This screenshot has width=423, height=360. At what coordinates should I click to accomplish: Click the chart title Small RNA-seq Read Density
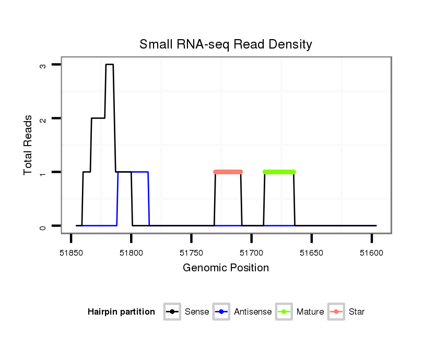(226, 44)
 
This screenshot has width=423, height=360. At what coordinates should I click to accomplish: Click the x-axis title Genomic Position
(226, 268)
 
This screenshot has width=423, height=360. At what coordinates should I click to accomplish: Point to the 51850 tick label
(71, 253)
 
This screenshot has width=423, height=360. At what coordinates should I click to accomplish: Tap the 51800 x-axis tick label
(131, 253)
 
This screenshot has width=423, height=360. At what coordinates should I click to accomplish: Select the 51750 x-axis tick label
(191, 253)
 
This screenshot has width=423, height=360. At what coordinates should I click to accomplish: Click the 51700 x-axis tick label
(251, 253)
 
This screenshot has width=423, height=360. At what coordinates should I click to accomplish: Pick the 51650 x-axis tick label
(311, 253)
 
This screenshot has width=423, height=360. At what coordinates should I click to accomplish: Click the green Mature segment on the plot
(279, 172)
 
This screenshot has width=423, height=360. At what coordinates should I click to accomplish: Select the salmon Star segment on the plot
(228, 172)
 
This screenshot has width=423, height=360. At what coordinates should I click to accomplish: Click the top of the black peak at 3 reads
(110, 65)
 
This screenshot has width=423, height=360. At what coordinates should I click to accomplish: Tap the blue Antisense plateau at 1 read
(140, 172)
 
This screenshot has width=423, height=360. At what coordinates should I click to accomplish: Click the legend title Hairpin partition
(121, 312)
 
